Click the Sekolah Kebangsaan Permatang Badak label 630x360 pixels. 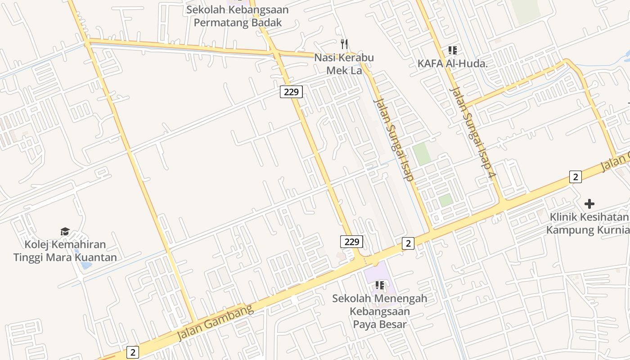click(238, 16)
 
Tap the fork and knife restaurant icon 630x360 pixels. click(344, 44)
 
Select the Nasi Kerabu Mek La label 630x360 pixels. click(344, 64)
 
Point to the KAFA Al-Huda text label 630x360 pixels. click(452, 63)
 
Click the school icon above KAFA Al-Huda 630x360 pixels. click(452, 50)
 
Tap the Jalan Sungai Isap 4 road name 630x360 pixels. click(472, 131)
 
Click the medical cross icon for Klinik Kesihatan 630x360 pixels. click(589, 204)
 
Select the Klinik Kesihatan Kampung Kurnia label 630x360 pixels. click(588, 224)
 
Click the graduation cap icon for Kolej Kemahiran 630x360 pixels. click(65, 232)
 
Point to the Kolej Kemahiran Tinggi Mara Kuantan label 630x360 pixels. click(65, 251)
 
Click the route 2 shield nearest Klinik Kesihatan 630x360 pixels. click(575, 177)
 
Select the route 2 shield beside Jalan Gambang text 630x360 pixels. click(132, 352)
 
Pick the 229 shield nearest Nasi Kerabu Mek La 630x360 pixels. click(291, 92)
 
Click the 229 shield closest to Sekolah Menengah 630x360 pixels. click(351, 242)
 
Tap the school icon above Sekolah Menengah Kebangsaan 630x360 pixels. click(380, 285)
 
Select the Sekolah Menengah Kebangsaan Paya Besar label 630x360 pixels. click(380, 311)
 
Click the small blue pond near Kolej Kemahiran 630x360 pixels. click(85, 265)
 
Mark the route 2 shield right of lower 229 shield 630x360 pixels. click(408, 243)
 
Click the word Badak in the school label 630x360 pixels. click(265, 22)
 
